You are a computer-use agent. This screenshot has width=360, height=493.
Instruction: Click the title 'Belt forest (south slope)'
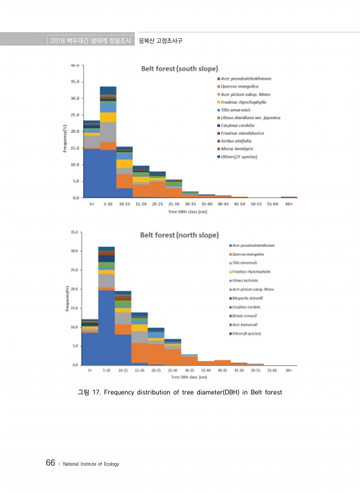pyautogui.click(x=179, y=69)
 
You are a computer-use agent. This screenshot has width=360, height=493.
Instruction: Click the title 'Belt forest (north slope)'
pyautogui.click(x=178, y=235)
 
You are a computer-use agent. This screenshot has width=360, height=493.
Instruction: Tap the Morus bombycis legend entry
pyautogui.click(x=237, y=148)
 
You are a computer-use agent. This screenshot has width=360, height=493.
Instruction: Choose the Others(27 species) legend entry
pyautogui.click(x=240, y=157)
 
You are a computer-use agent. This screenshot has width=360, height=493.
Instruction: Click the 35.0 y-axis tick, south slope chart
pyautogui.click(x=76, y=82)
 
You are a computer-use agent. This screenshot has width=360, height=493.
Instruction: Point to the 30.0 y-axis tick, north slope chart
pyautogui.click(x=76, y=251)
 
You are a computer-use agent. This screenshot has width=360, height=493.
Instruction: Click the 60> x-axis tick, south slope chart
pyautogui.click(x=288, y=204)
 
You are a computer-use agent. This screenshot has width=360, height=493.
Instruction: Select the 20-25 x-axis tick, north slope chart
pyautogui.click(x=156, y=371)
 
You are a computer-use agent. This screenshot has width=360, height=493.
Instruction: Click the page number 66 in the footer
pyautogui.click(x=50, y=464)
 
